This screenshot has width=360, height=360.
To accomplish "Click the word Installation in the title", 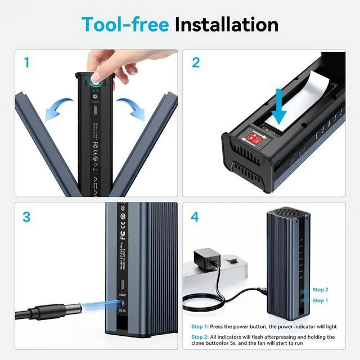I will (226, 24).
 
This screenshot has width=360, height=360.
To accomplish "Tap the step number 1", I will (26, 62).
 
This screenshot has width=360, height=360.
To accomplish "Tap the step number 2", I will (196, 62).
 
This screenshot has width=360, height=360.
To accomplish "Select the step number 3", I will (26, 217).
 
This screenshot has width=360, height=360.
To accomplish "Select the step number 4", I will (196, 217).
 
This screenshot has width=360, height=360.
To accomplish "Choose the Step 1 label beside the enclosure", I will (319, 300).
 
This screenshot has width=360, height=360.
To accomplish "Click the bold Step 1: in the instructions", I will (200, 326).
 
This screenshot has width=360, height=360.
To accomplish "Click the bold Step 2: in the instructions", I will (200, 337).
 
